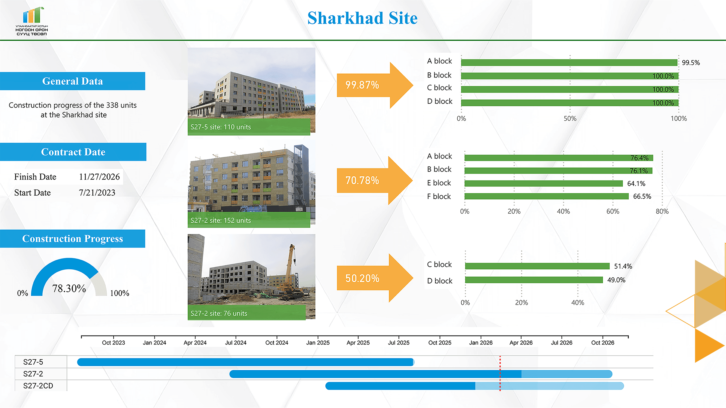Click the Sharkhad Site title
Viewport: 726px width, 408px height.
[362, 18]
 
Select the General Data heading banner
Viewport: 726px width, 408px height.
[72, 81]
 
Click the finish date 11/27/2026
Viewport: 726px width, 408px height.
[99, 177]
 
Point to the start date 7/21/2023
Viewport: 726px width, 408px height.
[97, 193]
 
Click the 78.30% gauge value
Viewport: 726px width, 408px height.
[69, 288]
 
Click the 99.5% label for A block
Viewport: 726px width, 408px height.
[690, 62]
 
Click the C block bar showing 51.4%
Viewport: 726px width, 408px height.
[537, 266]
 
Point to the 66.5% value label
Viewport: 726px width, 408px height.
[642, 196]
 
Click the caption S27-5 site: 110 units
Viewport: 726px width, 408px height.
[221, 127]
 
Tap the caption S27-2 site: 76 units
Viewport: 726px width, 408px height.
[219, 313]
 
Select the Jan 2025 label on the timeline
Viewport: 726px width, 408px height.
[318, 343]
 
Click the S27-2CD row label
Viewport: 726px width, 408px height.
[38, 386]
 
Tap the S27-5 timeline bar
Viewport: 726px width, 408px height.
[245, 362]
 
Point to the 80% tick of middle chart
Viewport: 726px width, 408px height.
[662, 211]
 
